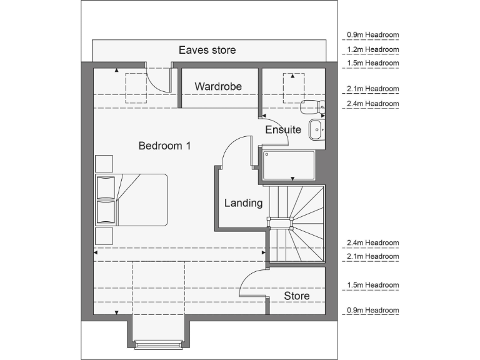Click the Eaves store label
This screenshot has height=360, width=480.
(207, 50)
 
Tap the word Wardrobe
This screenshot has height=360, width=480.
(217, 86)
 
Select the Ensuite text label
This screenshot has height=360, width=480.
(283, 130)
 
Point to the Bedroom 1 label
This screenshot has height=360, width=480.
(164, 146)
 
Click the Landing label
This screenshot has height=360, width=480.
(243, 203)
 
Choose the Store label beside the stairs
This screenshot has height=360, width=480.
(296, 296)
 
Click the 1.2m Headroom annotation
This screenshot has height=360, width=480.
(372, 49)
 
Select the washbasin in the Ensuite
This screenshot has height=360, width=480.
(316, 129)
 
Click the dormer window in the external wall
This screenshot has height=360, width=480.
(158, 342)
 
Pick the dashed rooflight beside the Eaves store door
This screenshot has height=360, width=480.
(135, 88)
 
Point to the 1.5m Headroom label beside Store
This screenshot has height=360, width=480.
(372, 285)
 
